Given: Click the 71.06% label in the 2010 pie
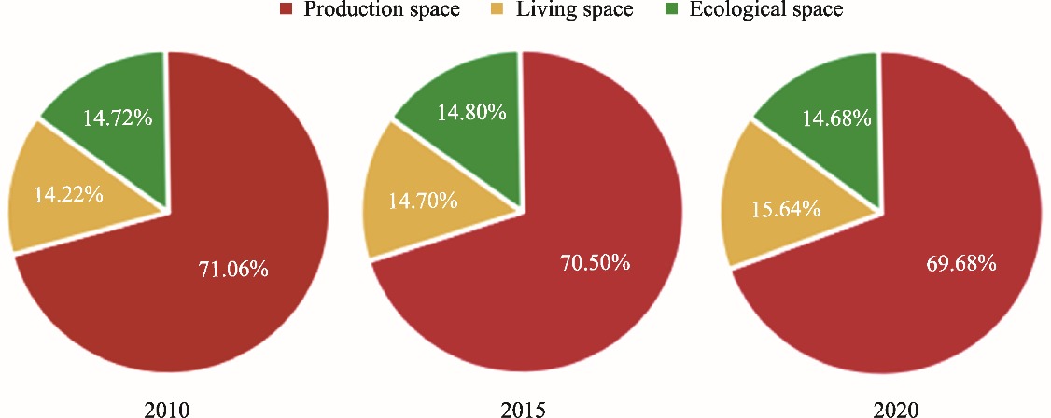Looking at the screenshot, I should pyautogui.click(x=233, y=270).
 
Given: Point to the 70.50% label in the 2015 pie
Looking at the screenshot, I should pyautogui.click(x=595, y=262).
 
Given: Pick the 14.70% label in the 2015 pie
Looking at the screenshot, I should pyautogui.click(x=424, y=200).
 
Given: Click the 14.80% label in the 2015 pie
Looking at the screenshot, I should pyautogui.click(x=472, y=113).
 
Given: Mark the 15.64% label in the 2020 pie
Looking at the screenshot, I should pyautogui.click(x=787, y=208).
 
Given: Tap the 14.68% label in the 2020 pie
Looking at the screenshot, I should pyautogui.click(x=837, y=118).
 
